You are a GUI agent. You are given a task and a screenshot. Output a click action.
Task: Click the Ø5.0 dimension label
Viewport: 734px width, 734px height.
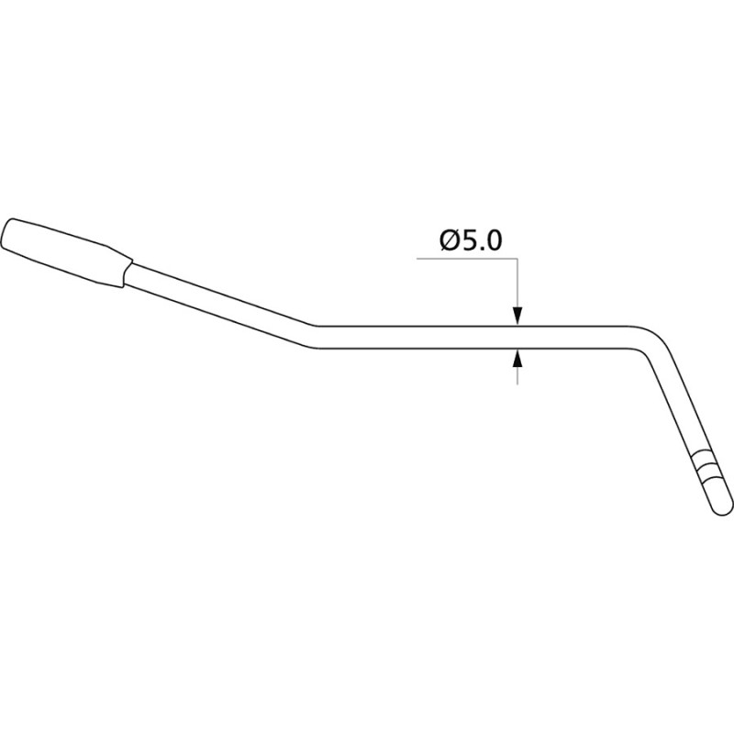click(471, 240)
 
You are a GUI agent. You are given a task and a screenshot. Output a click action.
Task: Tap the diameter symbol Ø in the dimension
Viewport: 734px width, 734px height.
click(450, 240)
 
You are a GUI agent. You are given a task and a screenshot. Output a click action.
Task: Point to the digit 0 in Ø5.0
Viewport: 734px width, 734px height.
click(494, 240)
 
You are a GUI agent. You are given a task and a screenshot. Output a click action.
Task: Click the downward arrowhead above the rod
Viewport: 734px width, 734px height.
click(517, 316)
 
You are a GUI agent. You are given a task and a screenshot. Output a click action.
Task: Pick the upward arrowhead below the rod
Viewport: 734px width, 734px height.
click(517, 359)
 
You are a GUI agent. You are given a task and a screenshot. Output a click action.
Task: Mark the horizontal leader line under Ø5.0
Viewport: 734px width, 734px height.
click(467, 258)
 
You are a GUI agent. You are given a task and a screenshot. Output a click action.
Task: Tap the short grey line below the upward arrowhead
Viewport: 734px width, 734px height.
click(517, 376)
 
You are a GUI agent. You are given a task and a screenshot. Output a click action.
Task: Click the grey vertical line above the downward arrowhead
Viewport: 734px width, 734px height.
click(517, 283)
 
